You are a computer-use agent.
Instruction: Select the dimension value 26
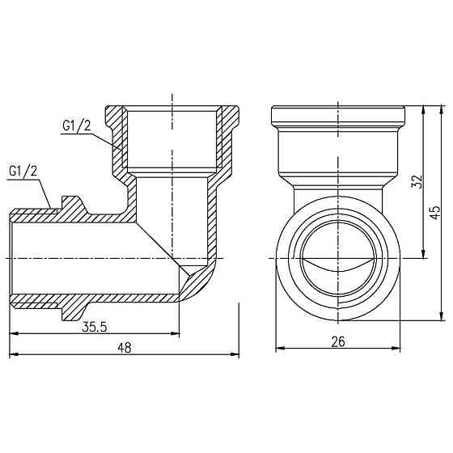tap(338, 341)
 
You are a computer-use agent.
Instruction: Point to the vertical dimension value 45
tap(435, 212)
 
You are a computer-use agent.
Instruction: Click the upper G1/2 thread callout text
tap(77, 127)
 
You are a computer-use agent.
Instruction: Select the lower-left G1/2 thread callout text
tap(23, 171)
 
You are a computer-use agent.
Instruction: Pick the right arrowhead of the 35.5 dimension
tap(177, 333)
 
